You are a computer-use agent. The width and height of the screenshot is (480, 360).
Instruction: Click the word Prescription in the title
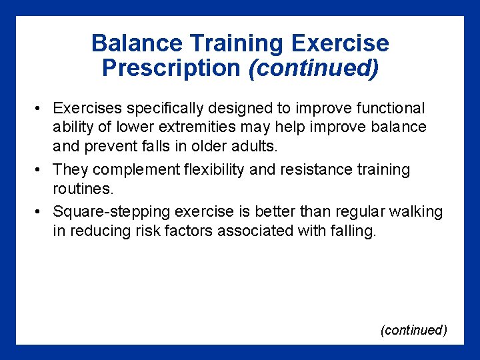click(171, 67)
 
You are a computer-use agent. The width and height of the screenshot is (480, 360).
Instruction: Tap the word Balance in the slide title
click(137, 43)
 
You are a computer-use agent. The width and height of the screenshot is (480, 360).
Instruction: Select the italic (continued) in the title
click(313, 67)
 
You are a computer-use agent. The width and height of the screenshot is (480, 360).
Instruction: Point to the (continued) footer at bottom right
click(413, 330)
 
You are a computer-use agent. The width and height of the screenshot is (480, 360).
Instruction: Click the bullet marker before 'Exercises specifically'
click(41, 109)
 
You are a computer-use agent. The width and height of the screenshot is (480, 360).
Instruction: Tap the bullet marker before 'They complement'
click(41, 170)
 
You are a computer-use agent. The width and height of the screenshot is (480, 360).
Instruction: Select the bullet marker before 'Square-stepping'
click(41, 212)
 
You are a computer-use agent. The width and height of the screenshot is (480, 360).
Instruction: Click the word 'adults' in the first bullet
click(254, 145)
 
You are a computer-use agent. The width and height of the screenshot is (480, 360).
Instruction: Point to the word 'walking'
click(418, 212)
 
